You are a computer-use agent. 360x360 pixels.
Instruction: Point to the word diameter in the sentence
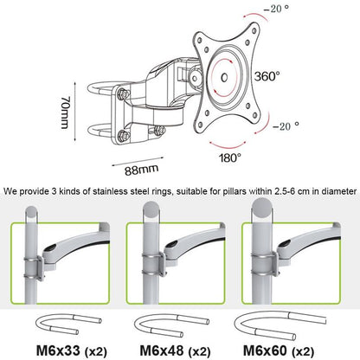[x=336, y=191]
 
